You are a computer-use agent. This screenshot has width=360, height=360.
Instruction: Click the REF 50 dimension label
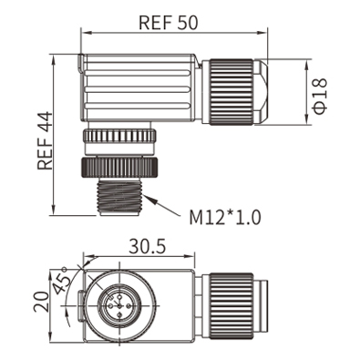(x=168, y=22)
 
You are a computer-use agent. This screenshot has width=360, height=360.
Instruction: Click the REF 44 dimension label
(x=45, y=140)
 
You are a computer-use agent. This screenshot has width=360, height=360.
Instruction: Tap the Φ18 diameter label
(x=320, y=96)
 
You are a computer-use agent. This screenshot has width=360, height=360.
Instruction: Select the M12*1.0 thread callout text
(x=225, y=217)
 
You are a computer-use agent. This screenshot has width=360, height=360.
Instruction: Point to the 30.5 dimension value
(x=148, y=246)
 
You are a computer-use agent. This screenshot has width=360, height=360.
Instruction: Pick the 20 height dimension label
(x=41, y=302)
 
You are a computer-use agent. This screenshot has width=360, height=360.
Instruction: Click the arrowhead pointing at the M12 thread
(x=151, y=200)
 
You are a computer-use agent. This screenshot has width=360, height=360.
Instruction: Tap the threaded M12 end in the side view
(x=119, y=197)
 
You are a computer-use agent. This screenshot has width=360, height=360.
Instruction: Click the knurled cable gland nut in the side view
(x=231, y=92)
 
